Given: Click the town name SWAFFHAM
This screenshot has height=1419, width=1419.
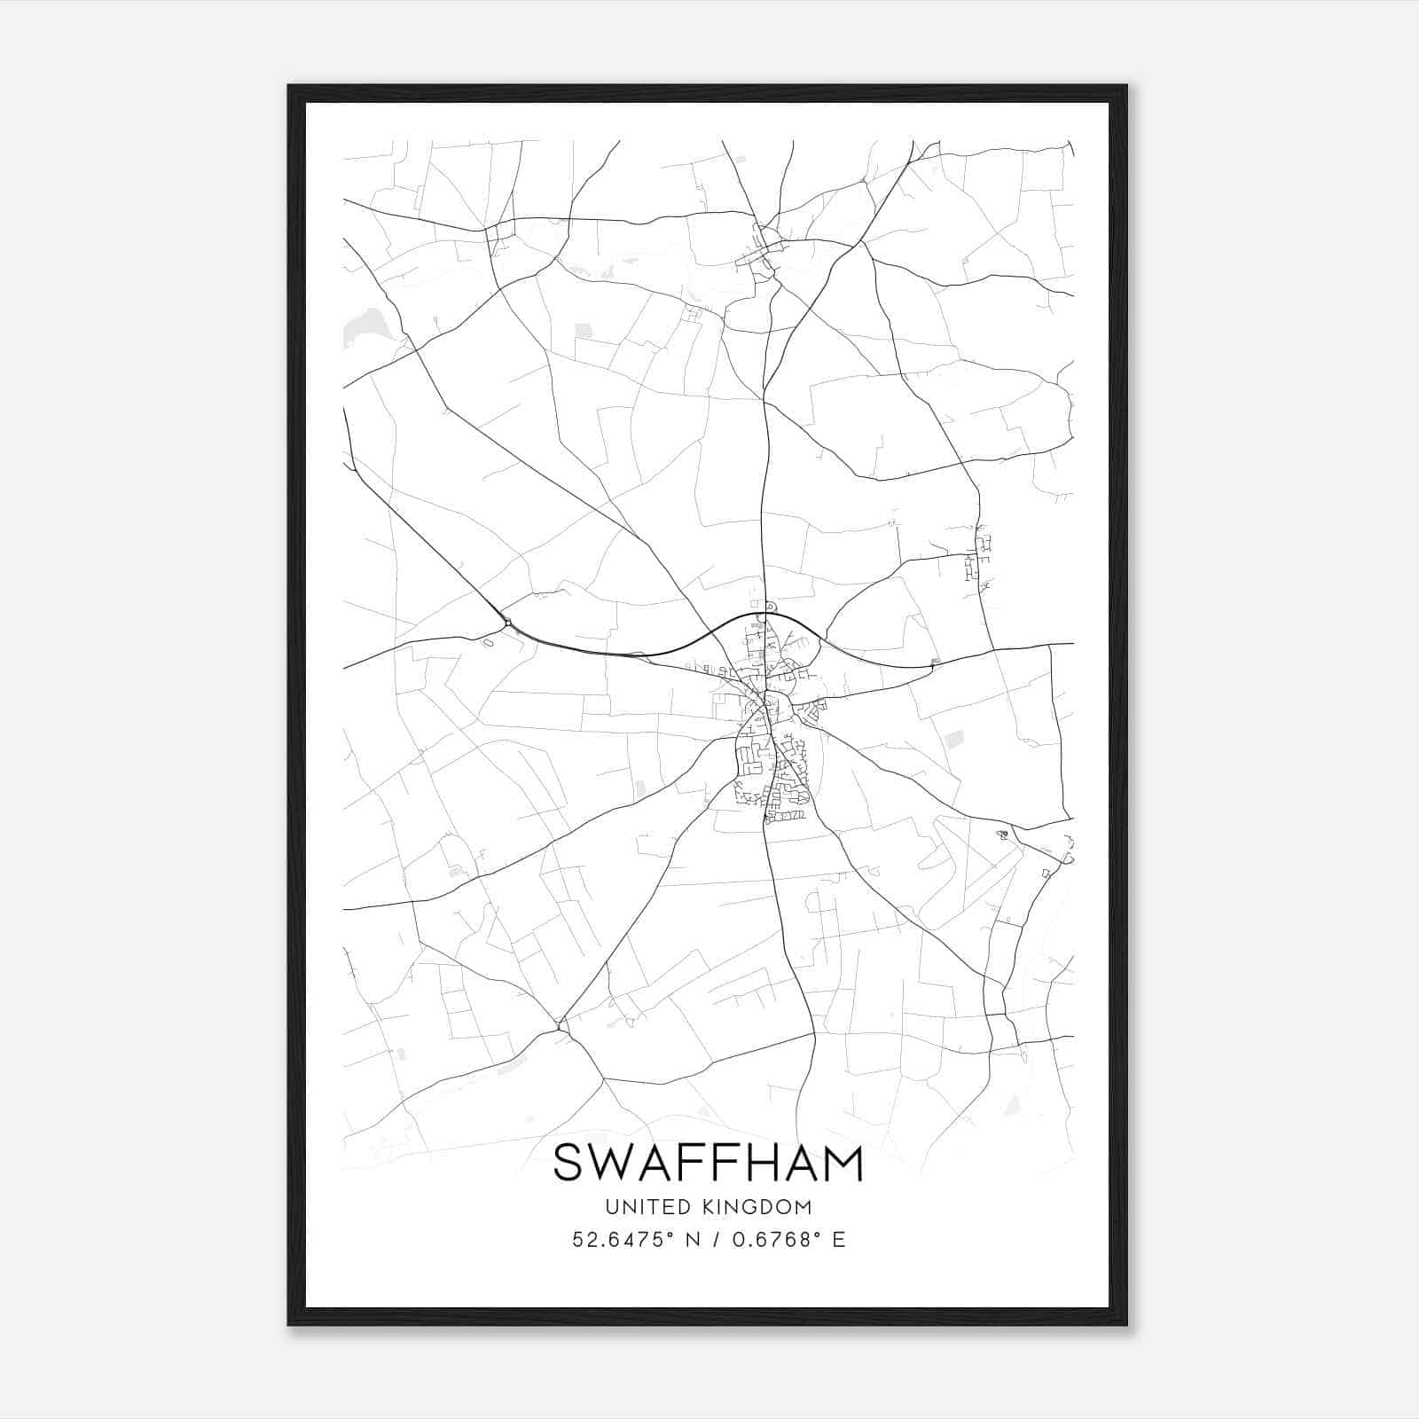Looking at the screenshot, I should (x=708, y=1164).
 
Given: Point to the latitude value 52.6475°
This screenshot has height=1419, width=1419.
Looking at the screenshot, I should (x=619, y=1240).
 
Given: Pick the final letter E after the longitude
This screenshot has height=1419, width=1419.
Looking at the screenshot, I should (x=838, y=1240).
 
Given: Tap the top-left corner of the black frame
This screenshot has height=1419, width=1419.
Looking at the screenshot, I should (x=290, y=87).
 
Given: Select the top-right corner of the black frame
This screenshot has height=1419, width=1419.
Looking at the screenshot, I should (x=1125, y=87).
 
